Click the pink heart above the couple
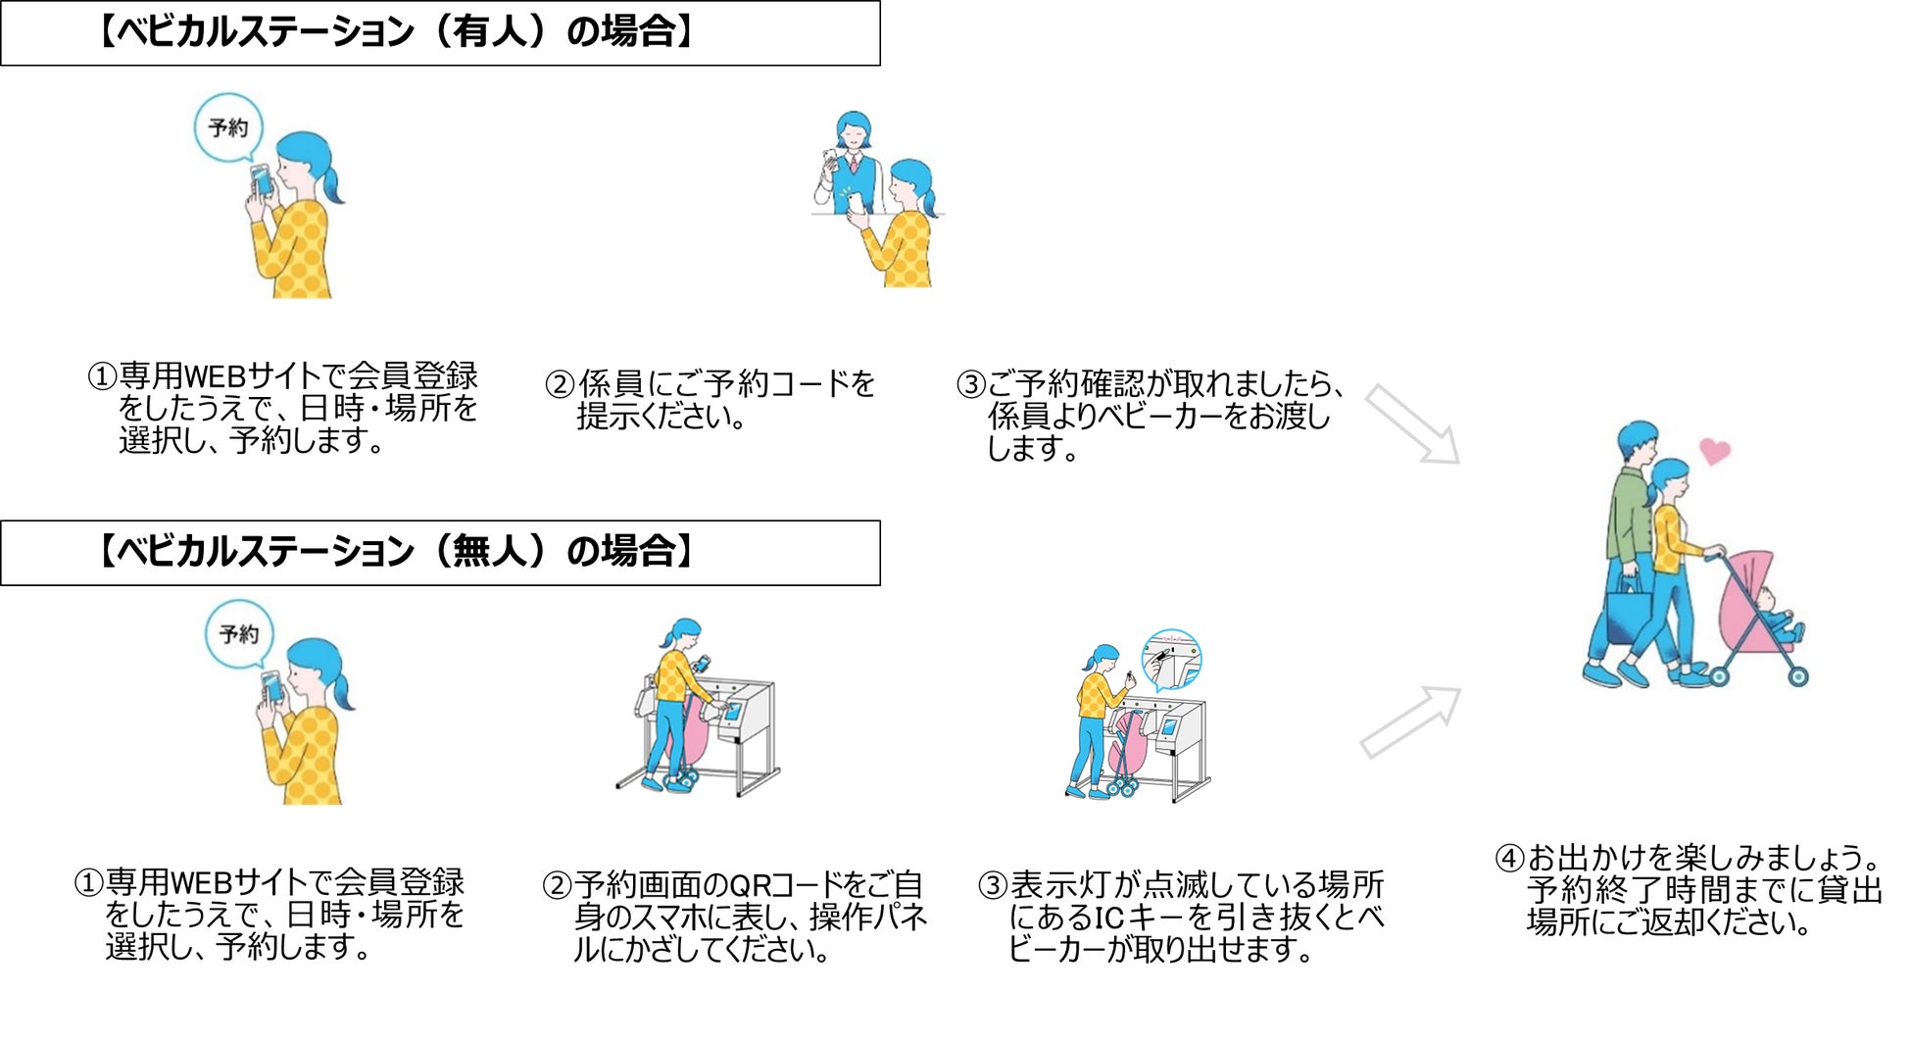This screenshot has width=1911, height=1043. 1714,450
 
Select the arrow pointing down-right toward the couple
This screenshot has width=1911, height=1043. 1412,423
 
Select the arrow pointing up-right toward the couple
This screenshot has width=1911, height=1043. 1411,721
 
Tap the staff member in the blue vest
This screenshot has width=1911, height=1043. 852,162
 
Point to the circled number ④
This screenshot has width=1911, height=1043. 1509,859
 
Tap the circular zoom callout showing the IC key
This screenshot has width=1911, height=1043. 1172,660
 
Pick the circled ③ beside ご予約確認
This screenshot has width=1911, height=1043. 970,384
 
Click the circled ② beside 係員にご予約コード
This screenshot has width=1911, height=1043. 560,384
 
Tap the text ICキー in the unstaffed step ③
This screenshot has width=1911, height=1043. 1138,919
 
